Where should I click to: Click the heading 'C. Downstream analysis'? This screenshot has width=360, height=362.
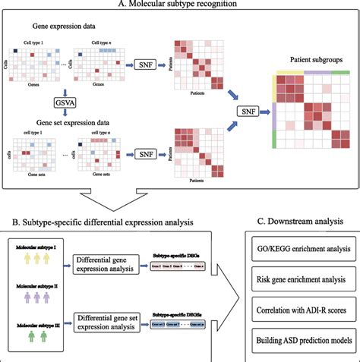tap(298, 222)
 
